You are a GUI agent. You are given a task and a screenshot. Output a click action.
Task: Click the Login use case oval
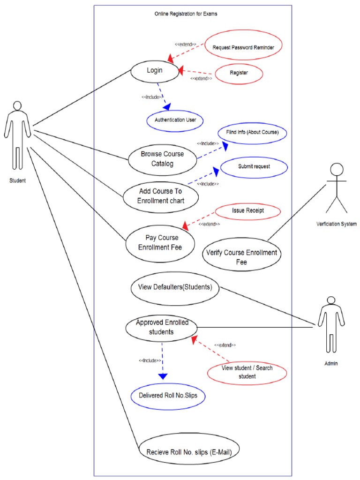(155, 71)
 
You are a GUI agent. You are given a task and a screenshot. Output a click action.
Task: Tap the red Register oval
(239, 73)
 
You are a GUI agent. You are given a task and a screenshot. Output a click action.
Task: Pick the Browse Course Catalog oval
(162, 159)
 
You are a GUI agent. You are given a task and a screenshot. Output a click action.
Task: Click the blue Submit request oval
(254, 166)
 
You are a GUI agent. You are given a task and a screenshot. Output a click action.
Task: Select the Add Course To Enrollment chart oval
(161, 196)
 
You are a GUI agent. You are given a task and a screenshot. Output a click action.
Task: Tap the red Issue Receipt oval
(247, 211)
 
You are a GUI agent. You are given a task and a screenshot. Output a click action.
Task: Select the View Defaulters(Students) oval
(174, 287)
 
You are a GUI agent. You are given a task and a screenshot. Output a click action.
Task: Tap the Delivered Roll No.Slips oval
(168, 395)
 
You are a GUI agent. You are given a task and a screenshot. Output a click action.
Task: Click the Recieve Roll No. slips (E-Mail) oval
(192, 452)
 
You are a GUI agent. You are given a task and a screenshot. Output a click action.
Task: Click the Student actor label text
(17, 180)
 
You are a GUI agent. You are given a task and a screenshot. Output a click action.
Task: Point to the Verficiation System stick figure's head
(337, 170)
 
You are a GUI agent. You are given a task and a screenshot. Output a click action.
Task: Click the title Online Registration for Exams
(186, 14)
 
